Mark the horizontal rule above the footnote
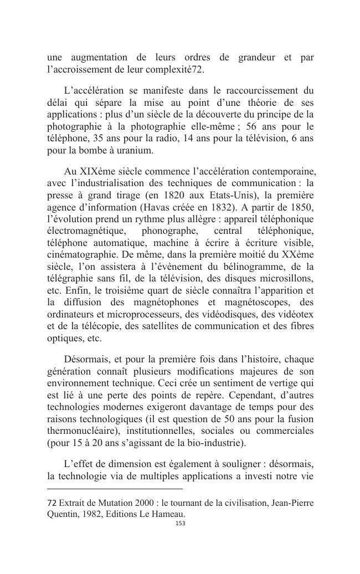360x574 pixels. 115,489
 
